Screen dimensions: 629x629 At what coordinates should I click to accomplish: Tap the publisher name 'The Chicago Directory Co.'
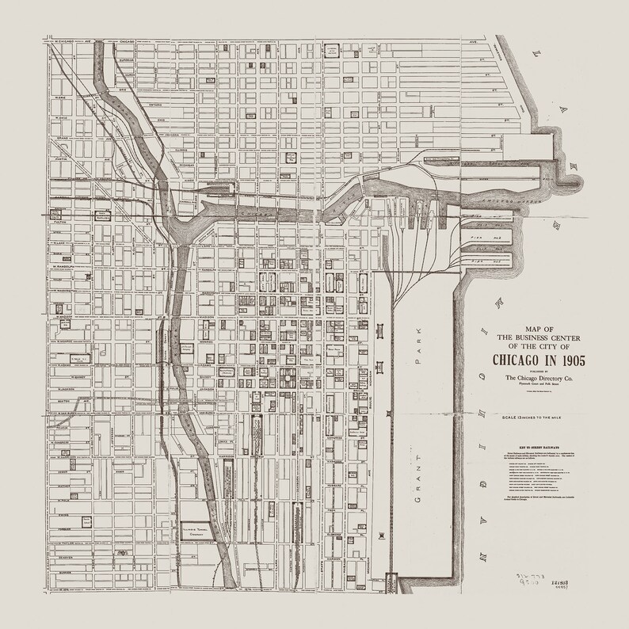tap(539, 379)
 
